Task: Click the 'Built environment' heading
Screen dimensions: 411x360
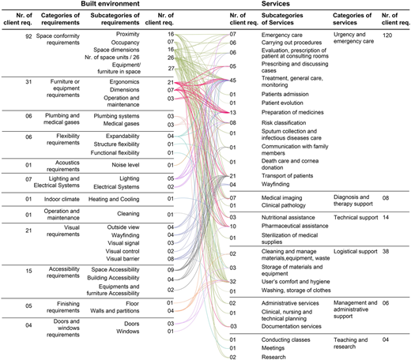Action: pyautogui.click(x=110, y=4)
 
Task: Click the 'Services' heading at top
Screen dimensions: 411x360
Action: pyautogui.click(x=275, y=4)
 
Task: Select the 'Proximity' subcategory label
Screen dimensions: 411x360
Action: pyautogui.click(x=128, y=34)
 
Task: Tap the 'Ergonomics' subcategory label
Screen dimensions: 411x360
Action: pyautogui.click(x=124, y=82)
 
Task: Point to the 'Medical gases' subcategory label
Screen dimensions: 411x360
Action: pyautogui.click(x=121, y=124)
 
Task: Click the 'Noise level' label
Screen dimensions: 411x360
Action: pyautogui.click(x=126, y=165)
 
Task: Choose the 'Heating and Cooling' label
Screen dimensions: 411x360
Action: pyautogui.click(x=114, y=199)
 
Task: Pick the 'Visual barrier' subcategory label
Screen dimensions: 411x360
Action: pyautogui.click(x=123, y=259)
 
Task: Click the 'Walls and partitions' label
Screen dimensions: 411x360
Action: pyautogui.click(x=115, y=311)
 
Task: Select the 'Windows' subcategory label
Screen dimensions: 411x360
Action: pyautogui.click(x=128, y=332)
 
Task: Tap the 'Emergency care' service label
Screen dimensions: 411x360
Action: pyautogui.click(x=282, y=35)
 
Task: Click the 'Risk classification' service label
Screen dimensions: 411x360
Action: pyautogui.click(x=284, y=123)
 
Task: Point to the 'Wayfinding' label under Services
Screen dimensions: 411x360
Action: pyautogui.click(x=275, y=184)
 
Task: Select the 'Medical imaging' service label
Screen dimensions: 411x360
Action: pyautogui.click(x=281, y=198)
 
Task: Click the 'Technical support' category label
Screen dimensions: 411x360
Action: pyautogui.click(x=356, y=218)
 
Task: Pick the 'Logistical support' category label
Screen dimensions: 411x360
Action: pyautogui.click(x=356, y=252)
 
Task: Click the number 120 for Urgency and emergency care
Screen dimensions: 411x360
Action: pyautogui.click(x=387, y=35)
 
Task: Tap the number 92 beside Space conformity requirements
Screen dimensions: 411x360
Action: pyautogui.click(x=28, y=36)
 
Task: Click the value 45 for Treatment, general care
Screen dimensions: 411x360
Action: pyautogui.click(x=233, y=81)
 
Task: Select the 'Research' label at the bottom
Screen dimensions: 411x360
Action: pyautogui.click(x=273, y=357)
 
